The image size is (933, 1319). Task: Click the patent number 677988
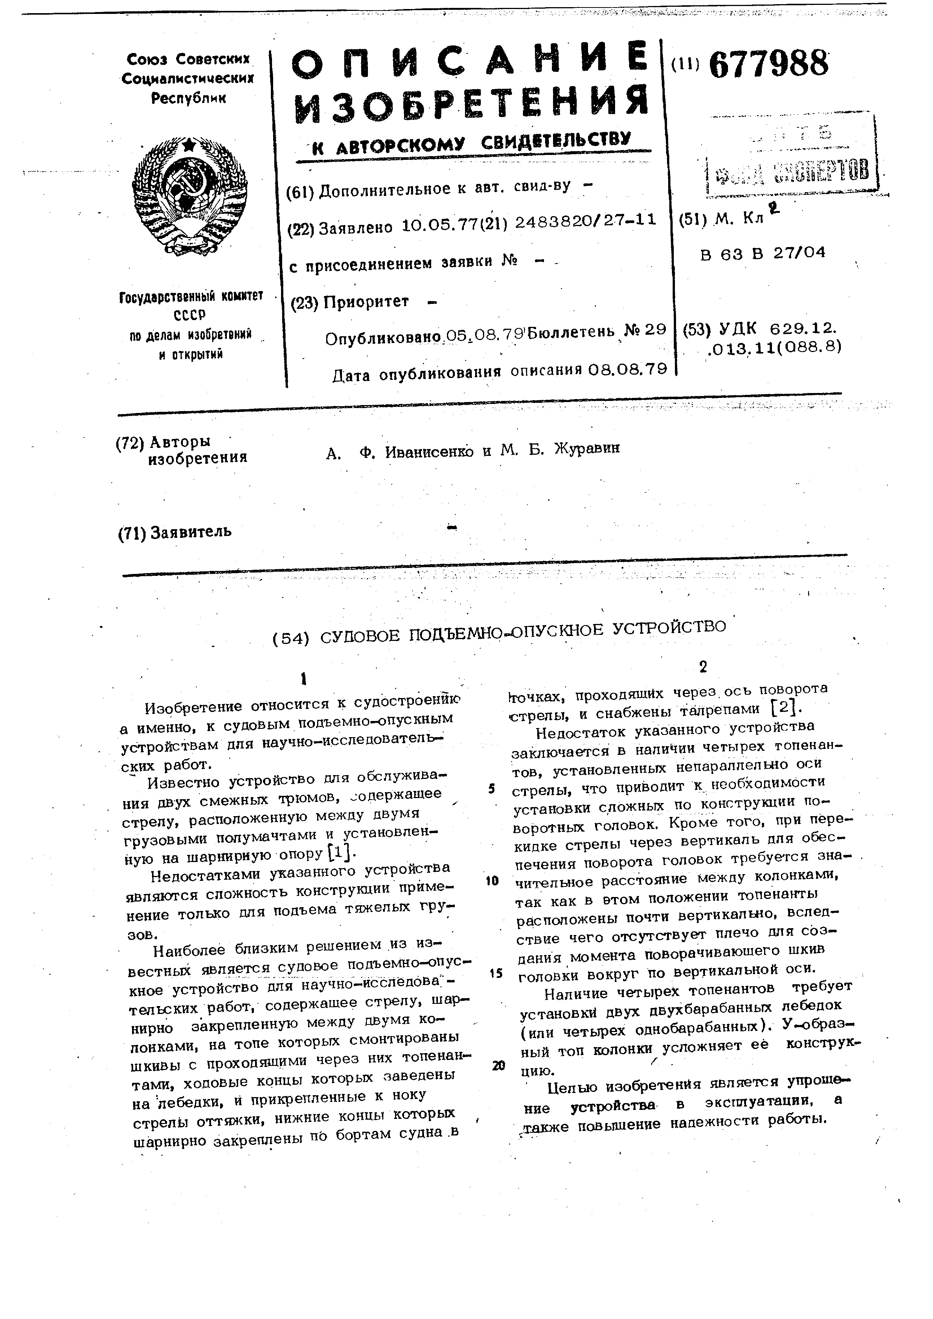(769, 64)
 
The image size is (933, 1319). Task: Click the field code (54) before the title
(291, 638)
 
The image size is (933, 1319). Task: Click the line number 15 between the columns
(495, 973)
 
